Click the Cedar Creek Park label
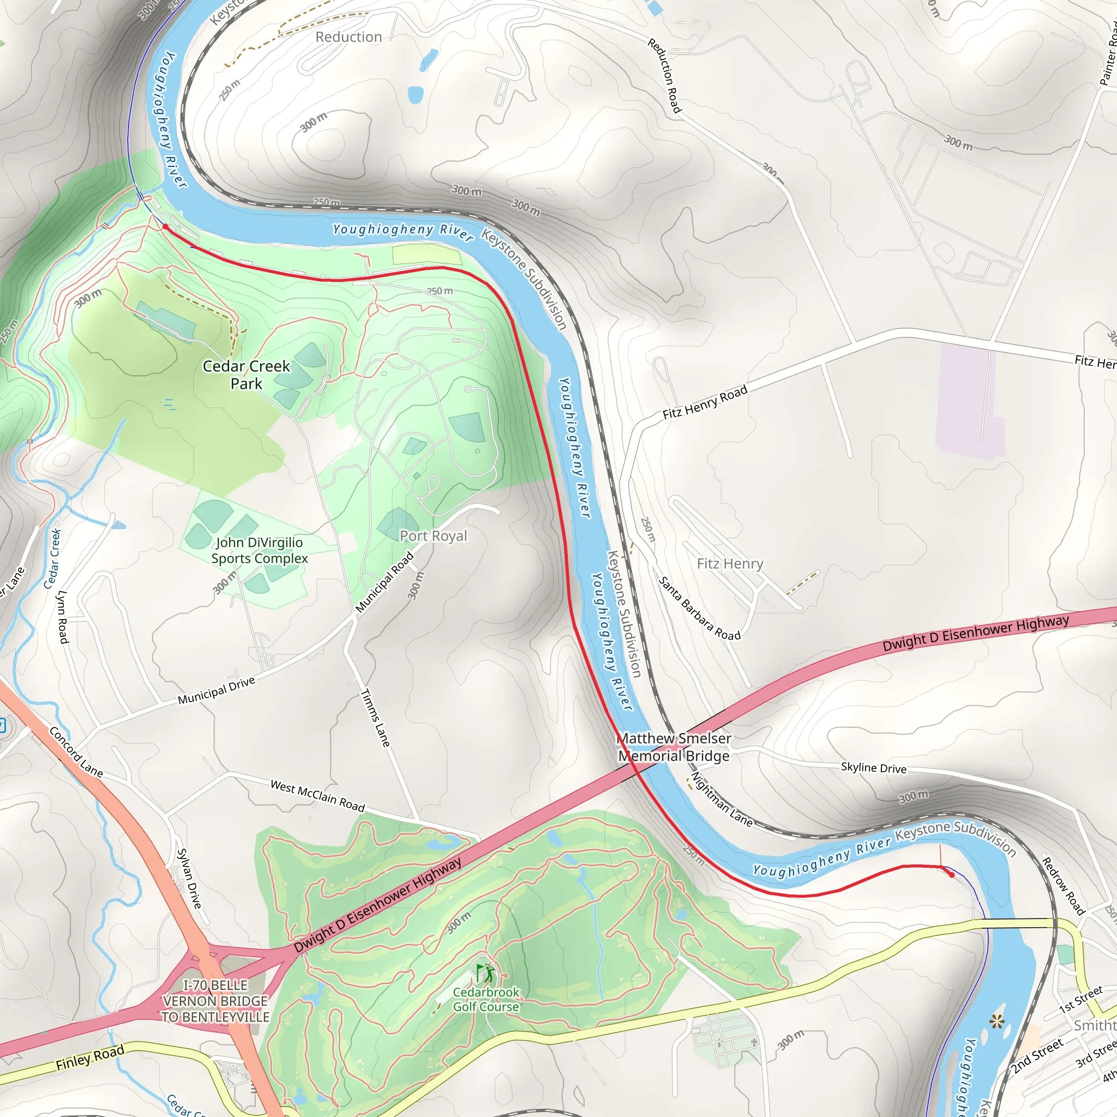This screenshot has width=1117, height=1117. tap(247, 375)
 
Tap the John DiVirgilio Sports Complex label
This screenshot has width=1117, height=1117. tap(259, 550)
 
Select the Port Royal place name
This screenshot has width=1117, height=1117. tap(433, 536)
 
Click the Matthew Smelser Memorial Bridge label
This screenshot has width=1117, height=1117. tap(674, 747)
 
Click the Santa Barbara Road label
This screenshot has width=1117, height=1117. tap(700, 609)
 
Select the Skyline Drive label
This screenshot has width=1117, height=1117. tap(873, 767)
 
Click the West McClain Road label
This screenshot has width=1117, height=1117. tap(317, 796)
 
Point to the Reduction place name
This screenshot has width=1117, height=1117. tap(349, 37)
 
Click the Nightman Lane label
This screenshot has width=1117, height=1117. tap(722, 800)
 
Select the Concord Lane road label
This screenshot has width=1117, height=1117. tap(76, 752)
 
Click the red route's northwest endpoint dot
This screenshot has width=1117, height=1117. tap(165, 227)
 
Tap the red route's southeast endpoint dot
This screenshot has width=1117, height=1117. tap(952, 875)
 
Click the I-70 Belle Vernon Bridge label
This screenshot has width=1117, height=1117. tap(215, 1001)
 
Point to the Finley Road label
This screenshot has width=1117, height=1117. tap(90, 1058)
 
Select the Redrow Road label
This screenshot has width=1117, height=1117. tap(1062, 886)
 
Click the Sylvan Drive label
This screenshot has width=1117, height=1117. tap(189, 878)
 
